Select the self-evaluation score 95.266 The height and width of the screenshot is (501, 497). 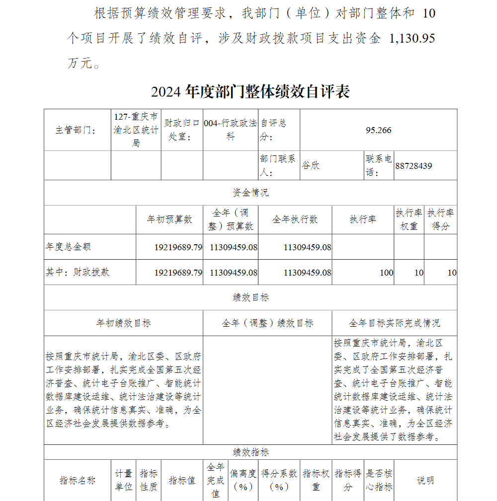point(378,130)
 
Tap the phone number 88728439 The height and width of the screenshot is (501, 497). point(414,166)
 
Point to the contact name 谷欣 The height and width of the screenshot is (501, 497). point(311,166)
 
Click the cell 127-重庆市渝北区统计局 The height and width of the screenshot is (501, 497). point(136,130)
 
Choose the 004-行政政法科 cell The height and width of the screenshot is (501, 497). point(230,130)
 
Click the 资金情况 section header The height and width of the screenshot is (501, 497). point(250,193)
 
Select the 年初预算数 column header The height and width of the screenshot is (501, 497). point(169,219)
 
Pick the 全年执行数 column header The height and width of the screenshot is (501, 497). point(295,219)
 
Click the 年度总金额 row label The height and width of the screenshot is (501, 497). point(69,247)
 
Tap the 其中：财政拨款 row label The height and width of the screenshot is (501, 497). point(78,272)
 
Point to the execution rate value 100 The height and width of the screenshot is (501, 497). point(386,273)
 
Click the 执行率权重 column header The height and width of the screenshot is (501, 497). point(409,219)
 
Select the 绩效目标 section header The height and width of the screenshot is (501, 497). point(250,297)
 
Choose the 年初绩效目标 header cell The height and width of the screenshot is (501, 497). point(123,323)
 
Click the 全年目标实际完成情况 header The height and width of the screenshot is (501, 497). point(394,323)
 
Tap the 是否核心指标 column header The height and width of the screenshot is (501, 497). point(379,480)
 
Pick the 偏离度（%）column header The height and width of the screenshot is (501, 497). point(243,480)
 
